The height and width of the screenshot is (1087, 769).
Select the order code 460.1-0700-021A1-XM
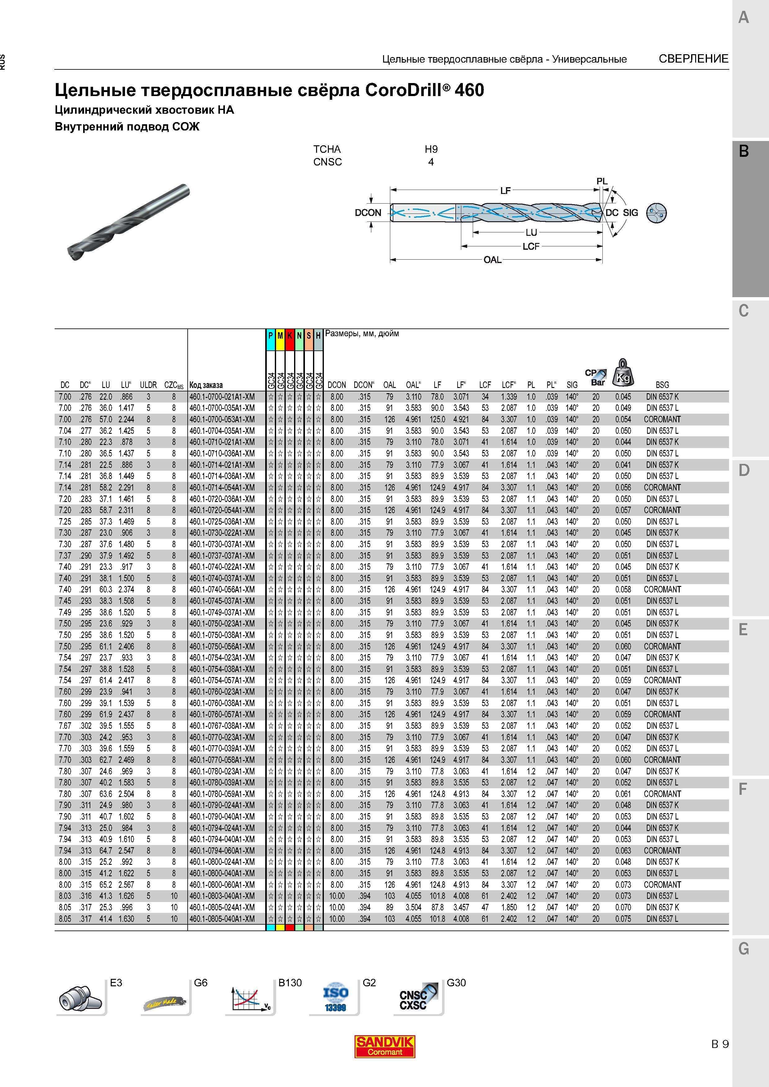pyautogui.click(x=222, y=397)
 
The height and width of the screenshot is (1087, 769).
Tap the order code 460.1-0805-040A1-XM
pyautogui.click(x=222, y=918)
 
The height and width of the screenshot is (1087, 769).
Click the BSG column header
pyautogui.click(x=662, y=385)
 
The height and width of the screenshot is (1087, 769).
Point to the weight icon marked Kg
pyautogui.click(x=623, y=372)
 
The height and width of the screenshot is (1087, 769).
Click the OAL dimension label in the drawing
pyautogui.click(x=492, y=260)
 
